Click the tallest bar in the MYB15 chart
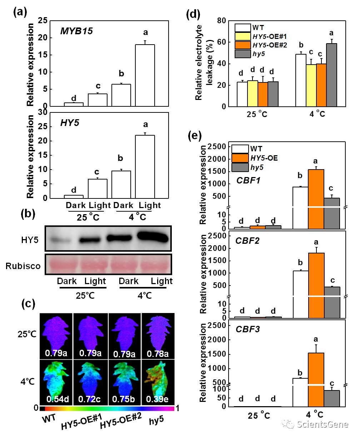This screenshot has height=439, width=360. pos(145,75)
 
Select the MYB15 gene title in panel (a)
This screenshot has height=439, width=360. pos(76,31)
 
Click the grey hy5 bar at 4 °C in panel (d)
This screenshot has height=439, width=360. pos(331,75)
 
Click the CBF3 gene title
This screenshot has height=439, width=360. pos(247,329)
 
